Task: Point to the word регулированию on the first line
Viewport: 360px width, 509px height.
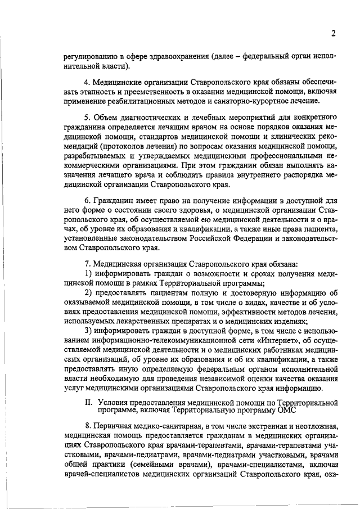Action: [89, 57]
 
